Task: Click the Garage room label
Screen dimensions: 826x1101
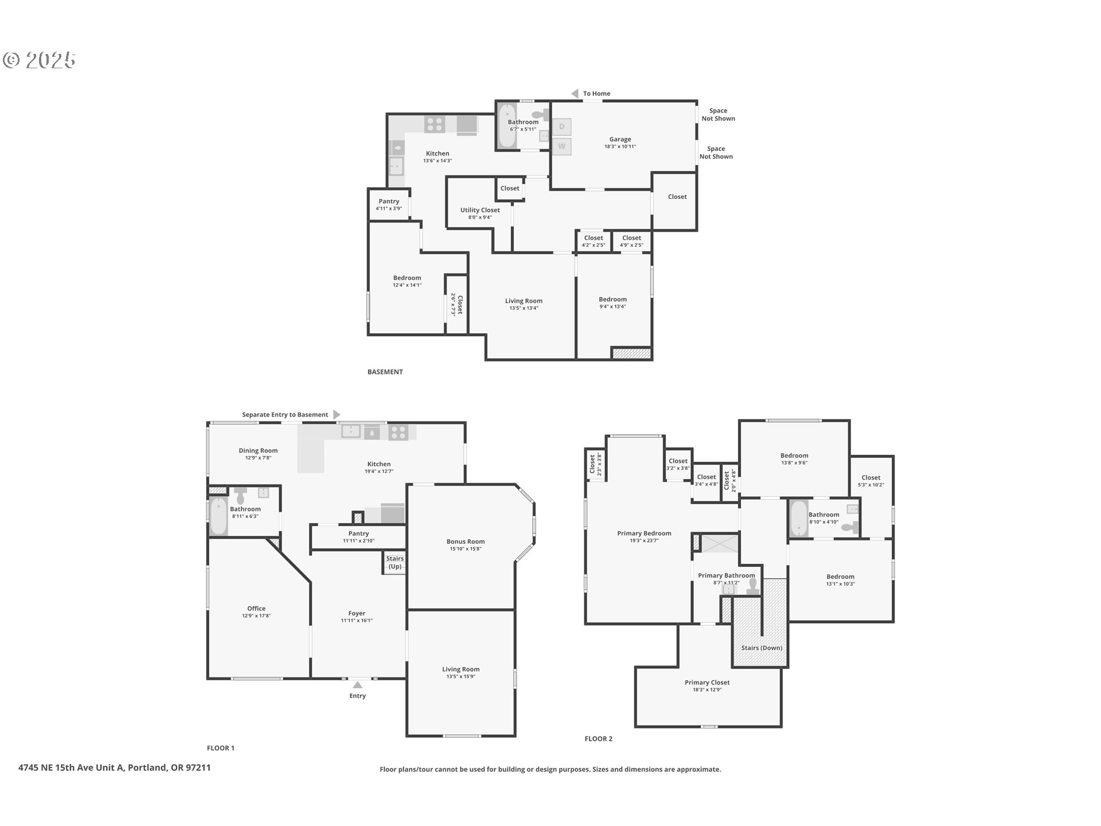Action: pos(620,139)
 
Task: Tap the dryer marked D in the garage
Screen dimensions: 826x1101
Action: pos(561,127)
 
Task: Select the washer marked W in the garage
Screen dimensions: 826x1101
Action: pos(561,146)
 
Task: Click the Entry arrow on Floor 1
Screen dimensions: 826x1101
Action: pos(357,685)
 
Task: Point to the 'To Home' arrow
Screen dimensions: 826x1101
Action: pos(575,93)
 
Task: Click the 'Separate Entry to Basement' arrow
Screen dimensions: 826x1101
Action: pos(337,415)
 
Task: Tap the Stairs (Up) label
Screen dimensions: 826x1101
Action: pos(395,562)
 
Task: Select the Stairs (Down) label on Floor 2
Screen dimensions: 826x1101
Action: pos(761,648)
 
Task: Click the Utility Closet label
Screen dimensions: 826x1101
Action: pos(480,210)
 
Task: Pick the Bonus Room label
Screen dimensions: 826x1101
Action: pos(466,541)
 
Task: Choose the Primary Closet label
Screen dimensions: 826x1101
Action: pos(707,683)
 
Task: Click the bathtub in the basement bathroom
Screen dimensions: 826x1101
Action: pos(507,126)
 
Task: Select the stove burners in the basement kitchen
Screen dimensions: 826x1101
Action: pos(435,124)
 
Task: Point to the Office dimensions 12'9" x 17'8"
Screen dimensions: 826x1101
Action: pos(256,616)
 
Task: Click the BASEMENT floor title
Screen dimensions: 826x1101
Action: pos(385,372)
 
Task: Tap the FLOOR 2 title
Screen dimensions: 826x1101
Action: pos(598,739)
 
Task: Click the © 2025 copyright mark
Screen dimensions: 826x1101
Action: pos(39,60)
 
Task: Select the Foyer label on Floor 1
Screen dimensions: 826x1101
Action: pos(357,613)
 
